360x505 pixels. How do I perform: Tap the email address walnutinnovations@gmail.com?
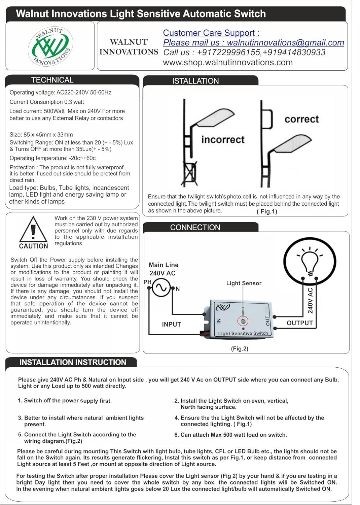[285, 43]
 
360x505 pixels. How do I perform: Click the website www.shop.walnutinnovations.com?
[228, 63]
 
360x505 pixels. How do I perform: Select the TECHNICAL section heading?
[52, 80]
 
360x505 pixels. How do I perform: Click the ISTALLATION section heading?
[195, 81]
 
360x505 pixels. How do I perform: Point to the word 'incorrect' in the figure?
[223, 139]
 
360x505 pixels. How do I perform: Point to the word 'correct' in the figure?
[301, 119]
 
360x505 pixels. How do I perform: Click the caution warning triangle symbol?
[33, 230]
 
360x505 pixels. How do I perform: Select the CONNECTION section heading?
[195, 228]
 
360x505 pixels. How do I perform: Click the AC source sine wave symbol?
[161, 288]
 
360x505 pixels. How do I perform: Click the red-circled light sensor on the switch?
[243, 321]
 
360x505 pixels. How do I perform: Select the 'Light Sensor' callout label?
[244, 283]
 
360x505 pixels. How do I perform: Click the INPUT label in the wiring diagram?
[171, 324]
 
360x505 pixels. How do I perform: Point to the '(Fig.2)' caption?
[240, 349]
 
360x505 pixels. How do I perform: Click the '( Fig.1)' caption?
[267, 211]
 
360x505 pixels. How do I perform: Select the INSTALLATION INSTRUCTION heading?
[73, 363]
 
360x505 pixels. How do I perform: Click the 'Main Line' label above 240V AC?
[164, 265]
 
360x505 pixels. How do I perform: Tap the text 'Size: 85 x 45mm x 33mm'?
[41, 135]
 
